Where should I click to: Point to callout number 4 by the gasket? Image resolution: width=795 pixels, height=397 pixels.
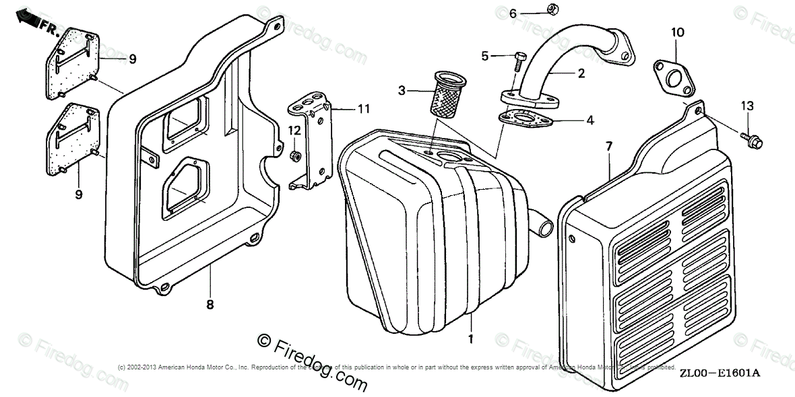click(590, 121)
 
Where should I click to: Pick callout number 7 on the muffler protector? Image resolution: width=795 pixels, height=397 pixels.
click(608, 146)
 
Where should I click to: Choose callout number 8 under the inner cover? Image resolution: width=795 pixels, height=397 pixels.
click(210, 305)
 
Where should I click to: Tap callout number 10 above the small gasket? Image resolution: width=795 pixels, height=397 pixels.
click(676, 32)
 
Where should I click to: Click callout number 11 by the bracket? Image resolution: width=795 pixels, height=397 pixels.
click(364, 108)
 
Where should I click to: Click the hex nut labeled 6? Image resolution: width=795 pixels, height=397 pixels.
click(551, 9)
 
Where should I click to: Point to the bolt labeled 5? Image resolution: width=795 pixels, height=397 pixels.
click(519, 61)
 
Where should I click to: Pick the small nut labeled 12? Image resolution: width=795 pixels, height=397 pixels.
click(294, 156)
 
